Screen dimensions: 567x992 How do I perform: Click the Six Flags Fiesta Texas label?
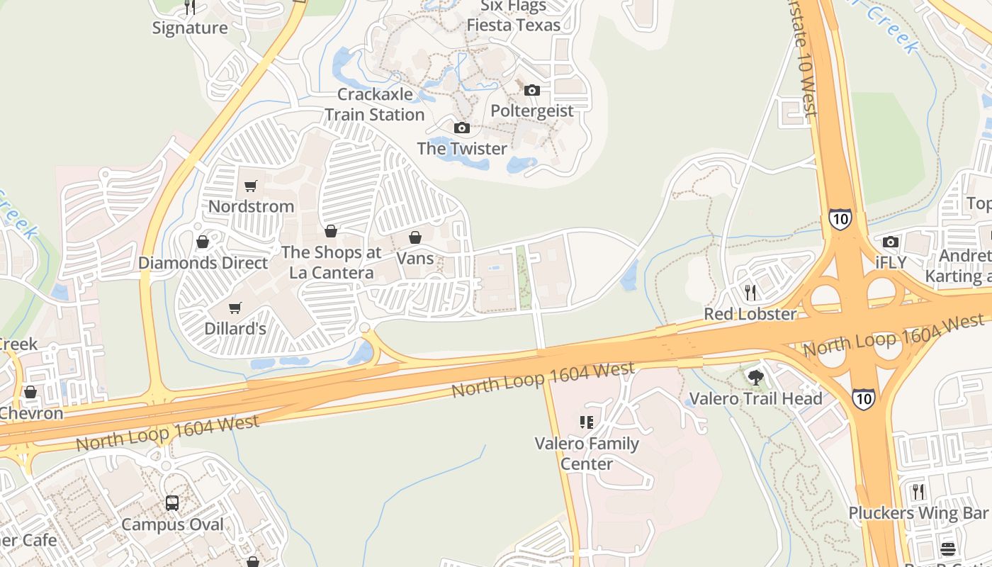[513, 16]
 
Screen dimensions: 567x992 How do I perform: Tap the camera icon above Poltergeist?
[532, 90]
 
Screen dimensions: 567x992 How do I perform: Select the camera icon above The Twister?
[462, 128]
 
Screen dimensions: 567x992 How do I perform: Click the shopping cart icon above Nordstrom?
[250, 186]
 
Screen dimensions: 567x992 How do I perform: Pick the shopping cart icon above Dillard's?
[235, 308]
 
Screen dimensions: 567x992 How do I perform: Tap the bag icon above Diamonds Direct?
[203, 242]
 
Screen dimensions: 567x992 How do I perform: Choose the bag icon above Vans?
[415, 237]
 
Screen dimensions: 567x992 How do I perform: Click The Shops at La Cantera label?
[331, 262]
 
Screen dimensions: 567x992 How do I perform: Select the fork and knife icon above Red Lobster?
[750, 292]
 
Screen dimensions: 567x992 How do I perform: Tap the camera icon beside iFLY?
[891, 242]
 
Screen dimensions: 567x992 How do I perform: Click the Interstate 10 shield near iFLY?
[840, 219]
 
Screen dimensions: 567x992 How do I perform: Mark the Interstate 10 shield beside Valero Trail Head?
[863, 400]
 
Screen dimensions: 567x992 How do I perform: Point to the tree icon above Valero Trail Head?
[755, 377]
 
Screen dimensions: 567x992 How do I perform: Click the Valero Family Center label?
[587, 454]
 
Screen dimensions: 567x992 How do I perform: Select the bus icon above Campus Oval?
[172, 503]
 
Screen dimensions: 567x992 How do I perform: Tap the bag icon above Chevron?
[30, 392]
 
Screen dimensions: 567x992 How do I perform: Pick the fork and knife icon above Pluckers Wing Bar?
[918, 491]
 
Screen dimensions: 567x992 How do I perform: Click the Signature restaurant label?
[190, 28]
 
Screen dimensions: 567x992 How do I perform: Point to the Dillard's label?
[235, 329]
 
